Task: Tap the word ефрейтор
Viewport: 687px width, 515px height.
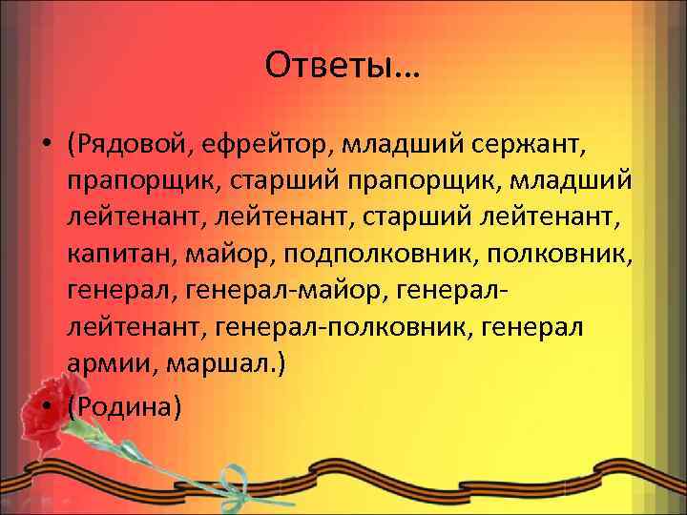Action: point(249,144)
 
